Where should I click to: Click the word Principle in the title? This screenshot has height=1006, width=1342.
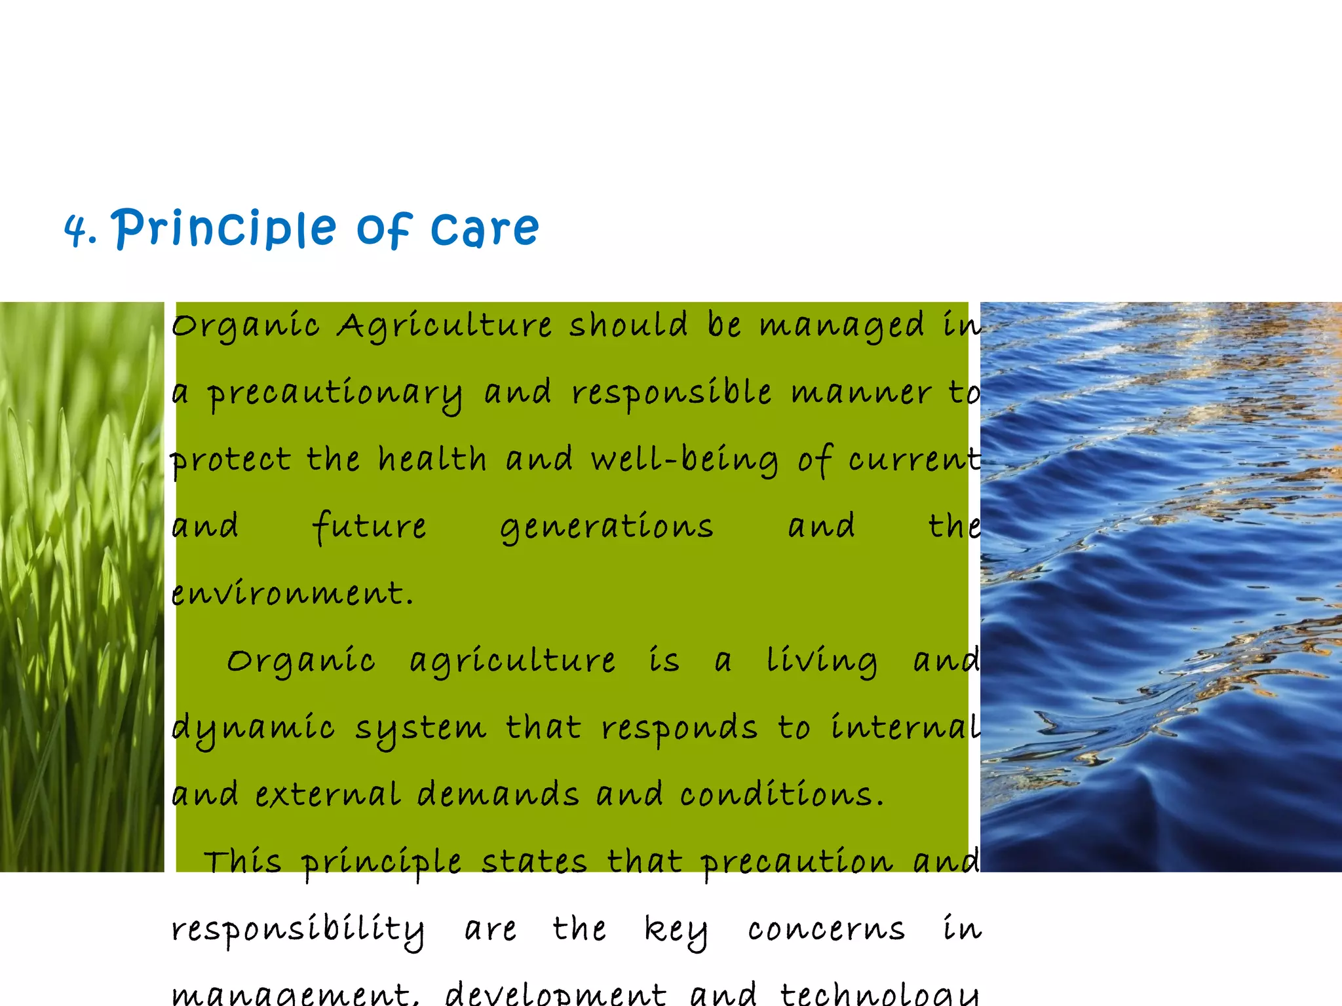pos(223,229)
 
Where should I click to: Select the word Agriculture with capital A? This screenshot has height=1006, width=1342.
pos(444,326)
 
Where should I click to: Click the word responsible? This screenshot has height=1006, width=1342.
pos(671,393)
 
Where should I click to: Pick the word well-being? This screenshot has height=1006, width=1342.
pos(685,460)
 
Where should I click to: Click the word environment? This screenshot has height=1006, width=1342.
pos(292,594)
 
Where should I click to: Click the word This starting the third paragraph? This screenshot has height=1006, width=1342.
pos(242,862)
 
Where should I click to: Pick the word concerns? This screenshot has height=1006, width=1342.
pos(826,930)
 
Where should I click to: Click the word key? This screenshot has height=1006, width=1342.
pos(676,931)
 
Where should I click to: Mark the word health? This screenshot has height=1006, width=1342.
pos(432,459)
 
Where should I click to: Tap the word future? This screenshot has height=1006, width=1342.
pos(370,527)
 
